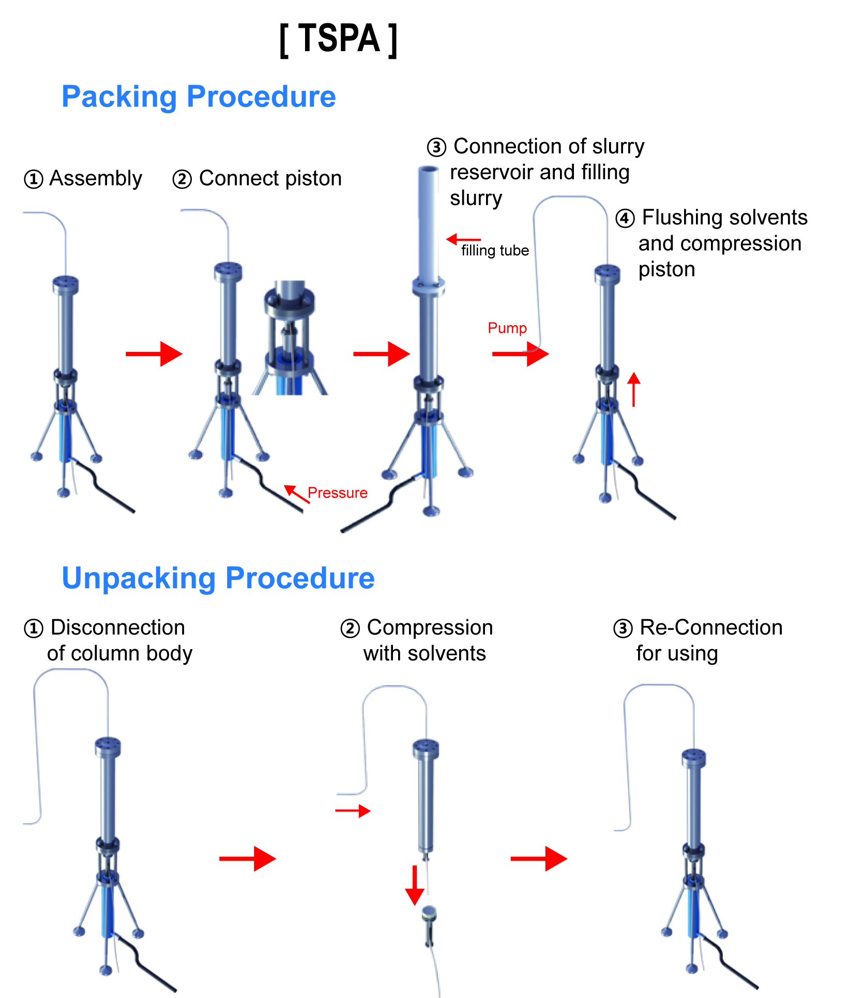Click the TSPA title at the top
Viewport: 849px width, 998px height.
339,39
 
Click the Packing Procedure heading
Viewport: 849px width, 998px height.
199,97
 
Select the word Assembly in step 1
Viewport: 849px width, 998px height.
96,179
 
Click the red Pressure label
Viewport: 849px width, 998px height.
337,493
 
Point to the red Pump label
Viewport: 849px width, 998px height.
507,328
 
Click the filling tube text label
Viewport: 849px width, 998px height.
495,251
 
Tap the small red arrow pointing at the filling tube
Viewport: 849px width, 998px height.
463,239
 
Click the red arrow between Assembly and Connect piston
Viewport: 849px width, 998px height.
154,354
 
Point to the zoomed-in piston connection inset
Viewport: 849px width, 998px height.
290,339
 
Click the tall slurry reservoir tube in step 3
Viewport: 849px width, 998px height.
428,222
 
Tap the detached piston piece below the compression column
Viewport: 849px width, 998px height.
429,925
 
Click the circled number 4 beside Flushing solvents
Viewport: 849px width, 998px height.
625,219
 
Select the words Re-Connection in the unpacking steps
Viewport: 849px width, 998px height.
711,628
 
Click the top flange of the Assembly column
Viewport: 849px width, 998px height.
66,284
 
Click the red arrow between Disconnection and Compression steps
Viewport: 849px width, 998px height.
247,859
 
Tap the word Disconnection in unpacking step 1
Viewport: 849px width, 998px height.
118,628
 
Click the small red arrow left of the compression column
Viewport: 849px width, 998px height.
353,810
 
